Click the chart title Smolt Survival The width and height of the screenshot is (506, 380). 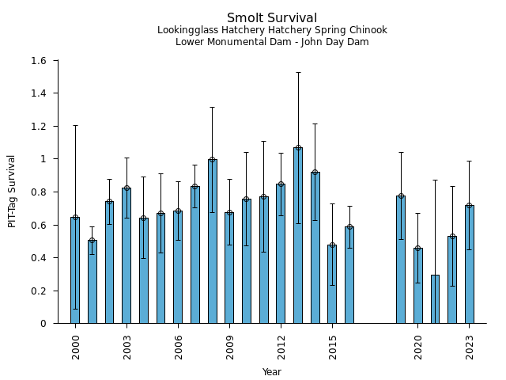[x=272, y=18]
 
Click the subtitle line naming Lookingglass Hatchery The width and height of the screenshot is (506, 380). [x=272, y=31]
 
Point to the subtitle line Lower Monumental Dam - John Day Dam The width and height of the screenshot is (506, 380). [x=272, y=42]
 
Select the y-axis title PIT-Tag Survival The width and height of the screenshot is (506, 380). [x=12, y=191]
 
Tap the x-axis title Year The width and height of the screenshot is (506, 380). [x=272, y=372]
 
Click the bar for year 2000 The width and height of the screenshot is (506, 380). [x=75, y=270]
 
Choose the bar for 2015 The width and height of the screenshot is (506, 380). [x=332, y=284]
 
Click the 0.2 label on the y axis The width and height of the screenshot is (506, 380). [x=40, y=291]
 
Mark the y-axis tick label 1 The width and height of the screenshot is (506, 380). [x=43, y=159]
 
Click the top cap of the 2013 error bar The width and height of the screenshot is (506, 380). [x=298, y=72]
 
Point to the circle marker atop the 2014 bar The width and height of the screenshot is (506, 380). [x=315, y=173]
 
